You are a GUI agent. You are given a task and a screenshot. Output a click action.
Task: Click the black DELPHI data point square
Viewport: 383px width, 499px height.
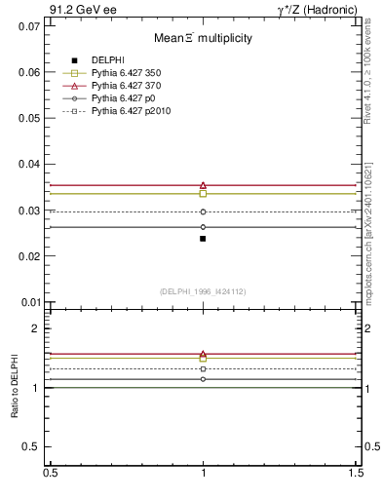203,238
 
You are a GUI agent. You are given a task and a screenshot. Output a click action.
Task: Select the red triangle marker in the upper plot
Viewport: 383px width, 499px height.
203,185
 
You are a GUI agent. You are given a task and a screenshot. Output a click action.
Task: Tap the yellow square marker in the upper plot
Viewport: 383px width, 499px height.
203,193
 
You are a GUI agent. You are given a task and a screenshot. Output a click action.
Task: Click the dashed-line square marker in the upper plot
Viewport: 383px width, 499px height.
203,211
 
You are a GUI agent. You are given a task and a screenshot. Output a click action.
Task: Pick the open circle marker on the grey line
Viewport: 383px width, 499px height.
203,227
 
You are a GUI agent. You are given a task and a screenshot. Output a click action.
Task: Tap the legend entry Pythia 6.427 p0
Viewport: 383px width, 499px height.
123,98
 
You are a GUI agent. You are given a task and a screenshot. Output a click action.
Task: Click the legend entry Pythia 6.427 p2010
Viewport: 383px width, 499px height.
130,111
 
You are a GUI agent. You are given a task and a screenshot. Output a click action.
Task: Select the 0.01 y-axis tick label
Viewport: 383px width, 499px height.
30,302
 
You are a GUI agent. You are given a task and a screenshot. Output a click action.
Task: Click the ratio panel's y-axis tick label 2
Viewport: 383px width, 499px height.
36,328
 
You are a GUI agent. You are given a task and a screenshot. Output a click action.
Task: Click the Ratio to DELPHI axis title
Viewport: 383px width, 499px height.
16,388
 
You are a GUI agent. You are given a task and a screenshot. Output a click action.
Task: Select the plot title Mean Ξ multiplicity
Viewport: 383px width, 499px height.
203,38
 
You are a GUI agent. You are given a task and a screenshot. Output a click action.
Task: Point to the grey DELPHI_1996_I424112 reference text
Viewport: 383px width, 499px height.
203,291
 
